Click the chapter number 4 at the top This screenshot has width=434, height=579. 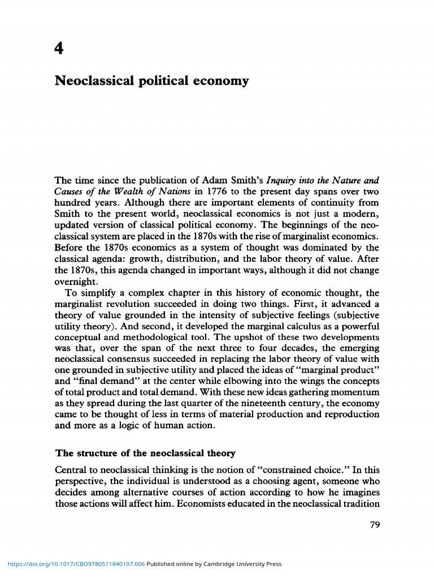[x=59, y=49]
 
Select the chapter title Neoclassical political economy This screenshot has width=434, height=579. [x=151, y=81]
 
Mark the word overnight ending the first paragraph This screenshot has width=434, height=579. [x=76, y=282]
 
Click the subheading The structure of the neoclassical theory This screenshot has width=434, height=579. [x=145, y=453]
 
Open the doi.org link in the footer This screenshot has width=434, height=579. [x=76, y=564]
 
